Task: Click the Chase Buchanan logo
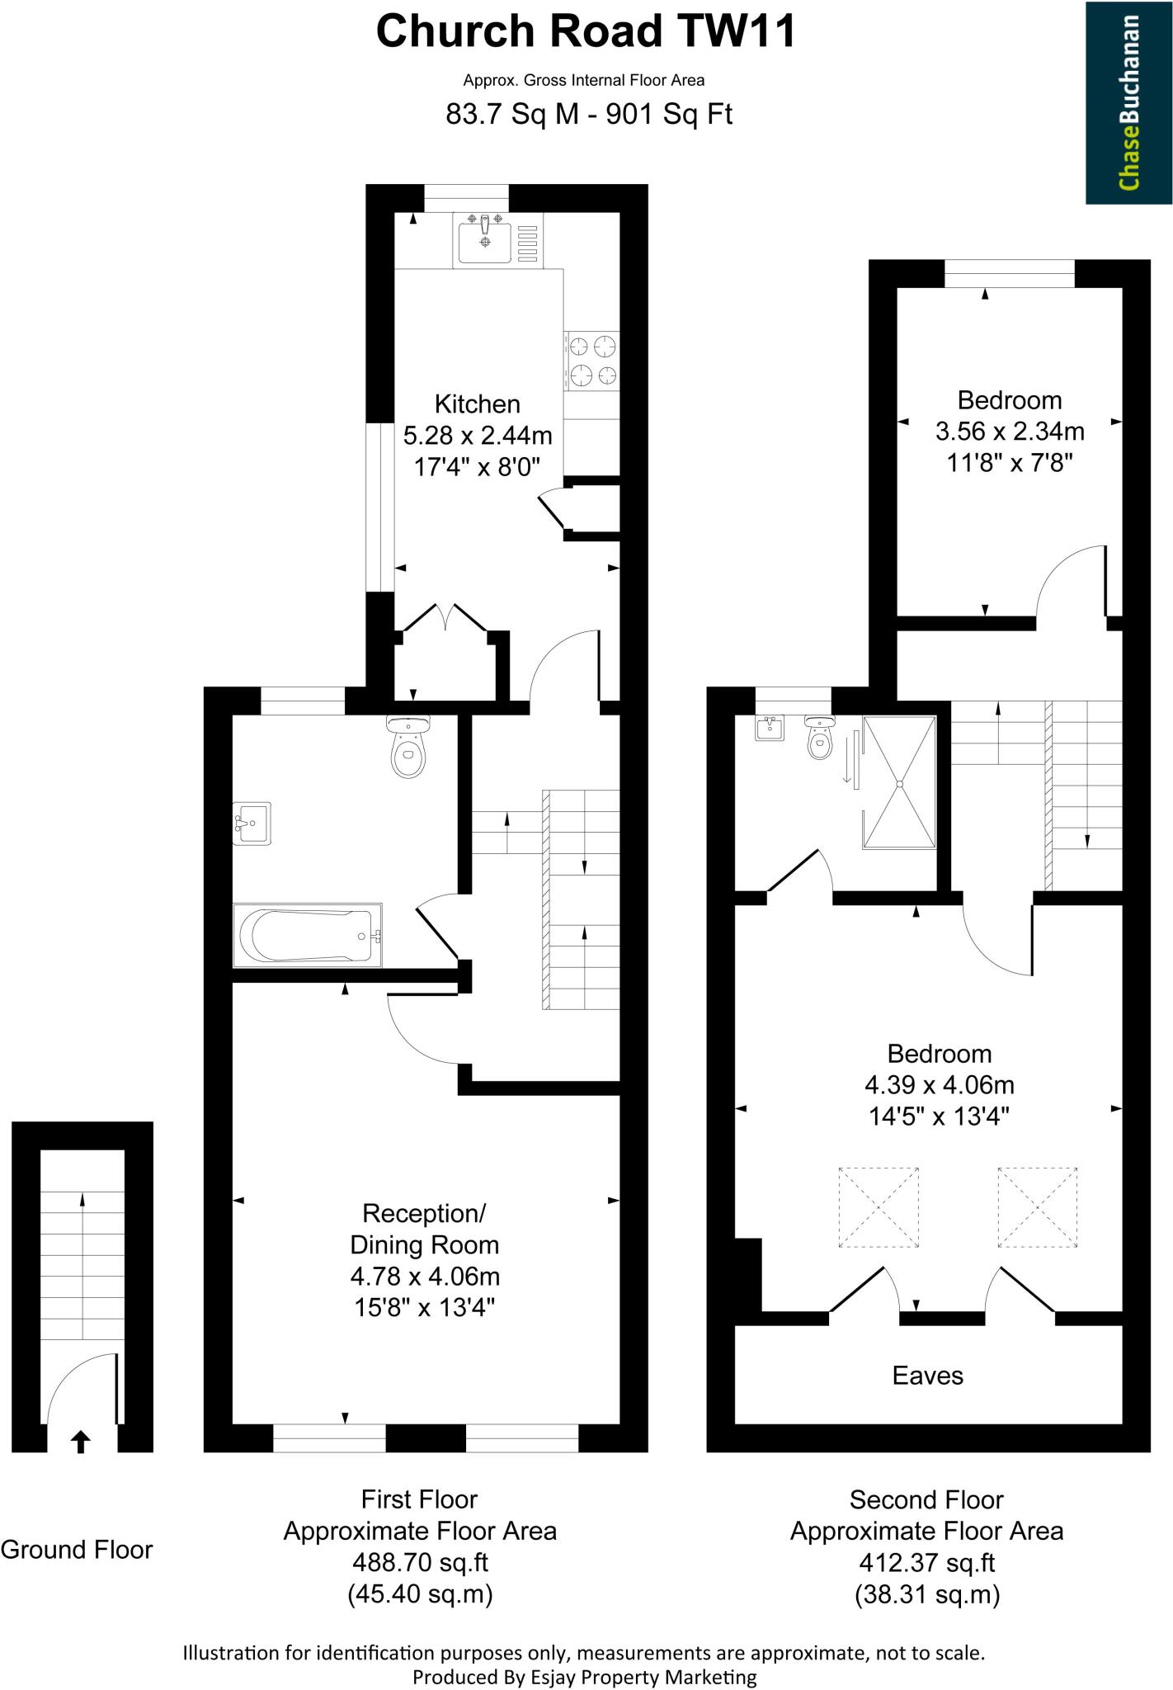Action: pyautogui.click(x=1128, y=103)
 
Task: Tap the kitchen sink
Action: pyautogui.click(x=485, y=238)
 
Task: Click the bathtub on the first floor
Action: pyautogui.click(x=308, y=936)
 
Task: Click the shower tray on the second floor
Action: pyautogui.click(x=900, y=782)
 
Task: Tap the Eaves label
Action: pyautogui.click(x=927, y=1375)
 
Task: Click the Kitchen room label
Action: pyautogui.click(x=477, y=404)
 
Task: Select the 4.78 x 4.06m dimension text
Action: pyautogui.click(x=425, y=1277)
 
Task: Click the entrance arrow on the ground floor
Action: pyautogui.click(x=80, y=1442)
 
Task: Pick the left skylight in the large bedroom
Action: pyautogui.click(x=879, y=1207)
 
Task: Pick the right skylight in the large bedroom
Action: pyautogui.click(x=1037, y=1207)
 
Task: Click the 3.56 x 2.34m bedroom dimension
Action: pyautogui.click(x=1009, y=431)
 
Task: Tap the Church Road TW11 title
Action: pyautogui.click(x=586, y=33)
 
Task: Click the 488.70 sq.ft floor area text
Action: pyautogui.click(x=420, y=1561)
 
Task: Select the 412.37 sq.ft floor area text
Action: pyautogui.click(x=926, y=1562)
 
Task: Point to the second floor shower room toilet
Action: pyautogui.click(x=818, y=739)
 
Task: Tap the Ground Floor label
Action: pyautogui.click(x=77, y=1550)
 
